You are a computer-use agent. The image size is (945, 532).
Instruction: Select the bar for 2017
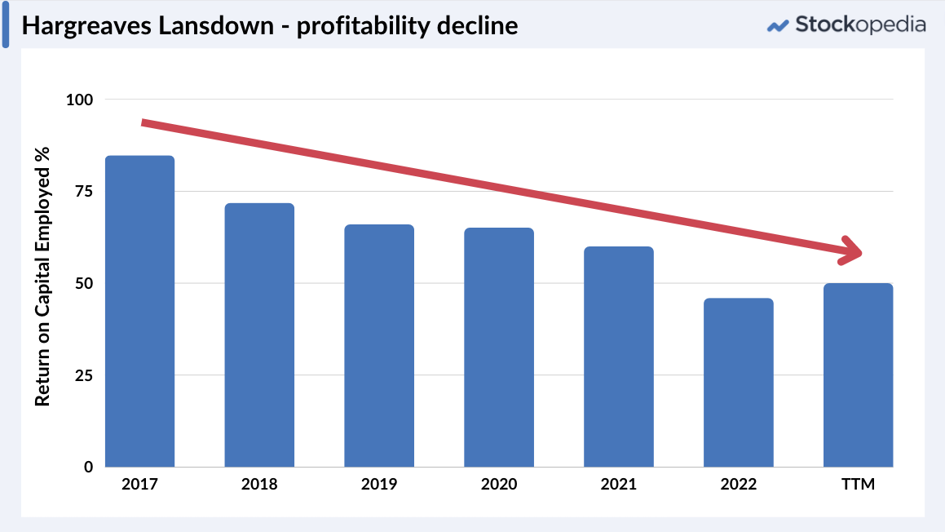coord(139,311)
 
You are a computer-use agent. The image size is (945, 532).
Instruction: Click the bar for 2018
coord(259,335)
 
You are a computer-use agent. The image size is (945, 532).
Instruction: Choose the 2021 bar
coord(619,357)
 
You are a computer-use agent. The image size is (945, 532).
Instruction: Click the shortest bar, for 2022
coord(739,383)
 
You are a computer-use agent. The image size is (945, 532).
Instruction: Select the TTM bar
coord(858,375)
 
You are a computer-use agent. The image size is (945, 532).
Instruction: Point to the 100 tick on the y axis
coord(80,100)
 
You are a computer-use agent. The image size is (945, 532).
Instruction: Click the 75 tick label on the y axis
coord(85,192)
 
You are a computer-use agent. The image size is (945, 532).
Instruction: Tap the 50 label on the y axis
coord(85,284)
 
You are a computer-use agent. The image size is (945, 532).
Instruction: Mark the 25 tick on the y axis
coord(85,375)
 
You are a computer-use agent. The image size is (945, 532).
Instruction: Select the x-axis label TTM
coord(858,485)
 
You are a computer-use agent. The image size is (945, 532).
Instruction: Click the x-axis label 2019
coord(379,485)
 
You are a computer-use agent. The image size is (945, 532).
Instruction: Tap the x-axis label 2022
coord(739,485)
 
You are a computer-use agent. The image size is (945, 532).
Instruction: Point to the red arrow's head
coord(853,251)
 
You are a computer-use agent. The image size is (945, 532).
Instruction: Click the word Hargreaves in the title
coord(82,25)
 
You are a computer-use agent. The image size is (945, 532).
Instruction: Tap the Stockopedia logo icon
coord(779,25)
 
